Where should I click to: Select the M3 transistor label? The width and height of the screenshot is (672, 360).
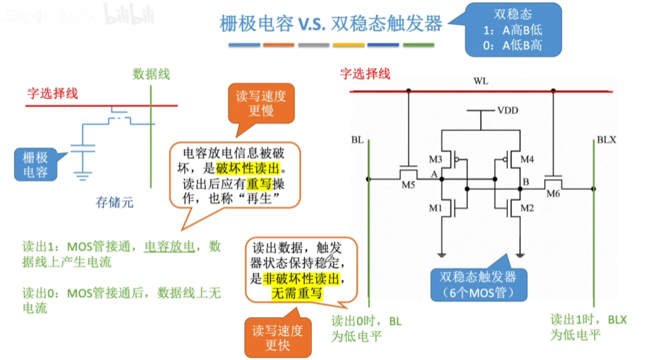(436, 159)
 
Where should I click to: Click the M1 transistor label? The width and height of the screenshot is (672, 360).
(435, 209)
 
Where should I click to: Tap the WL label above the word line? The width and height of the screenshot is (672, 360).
(481, 81)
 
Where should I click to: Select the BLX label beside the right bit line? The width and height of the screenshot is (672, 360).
(607, 139)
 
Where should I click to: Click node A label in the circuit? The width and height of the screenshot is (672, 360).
(433, 175)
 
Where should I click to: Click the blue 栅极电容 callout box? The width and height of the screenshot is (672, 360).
(36, 164)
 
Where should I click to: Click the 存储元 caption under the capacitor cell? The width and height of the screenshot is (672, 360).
(115, 202)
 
